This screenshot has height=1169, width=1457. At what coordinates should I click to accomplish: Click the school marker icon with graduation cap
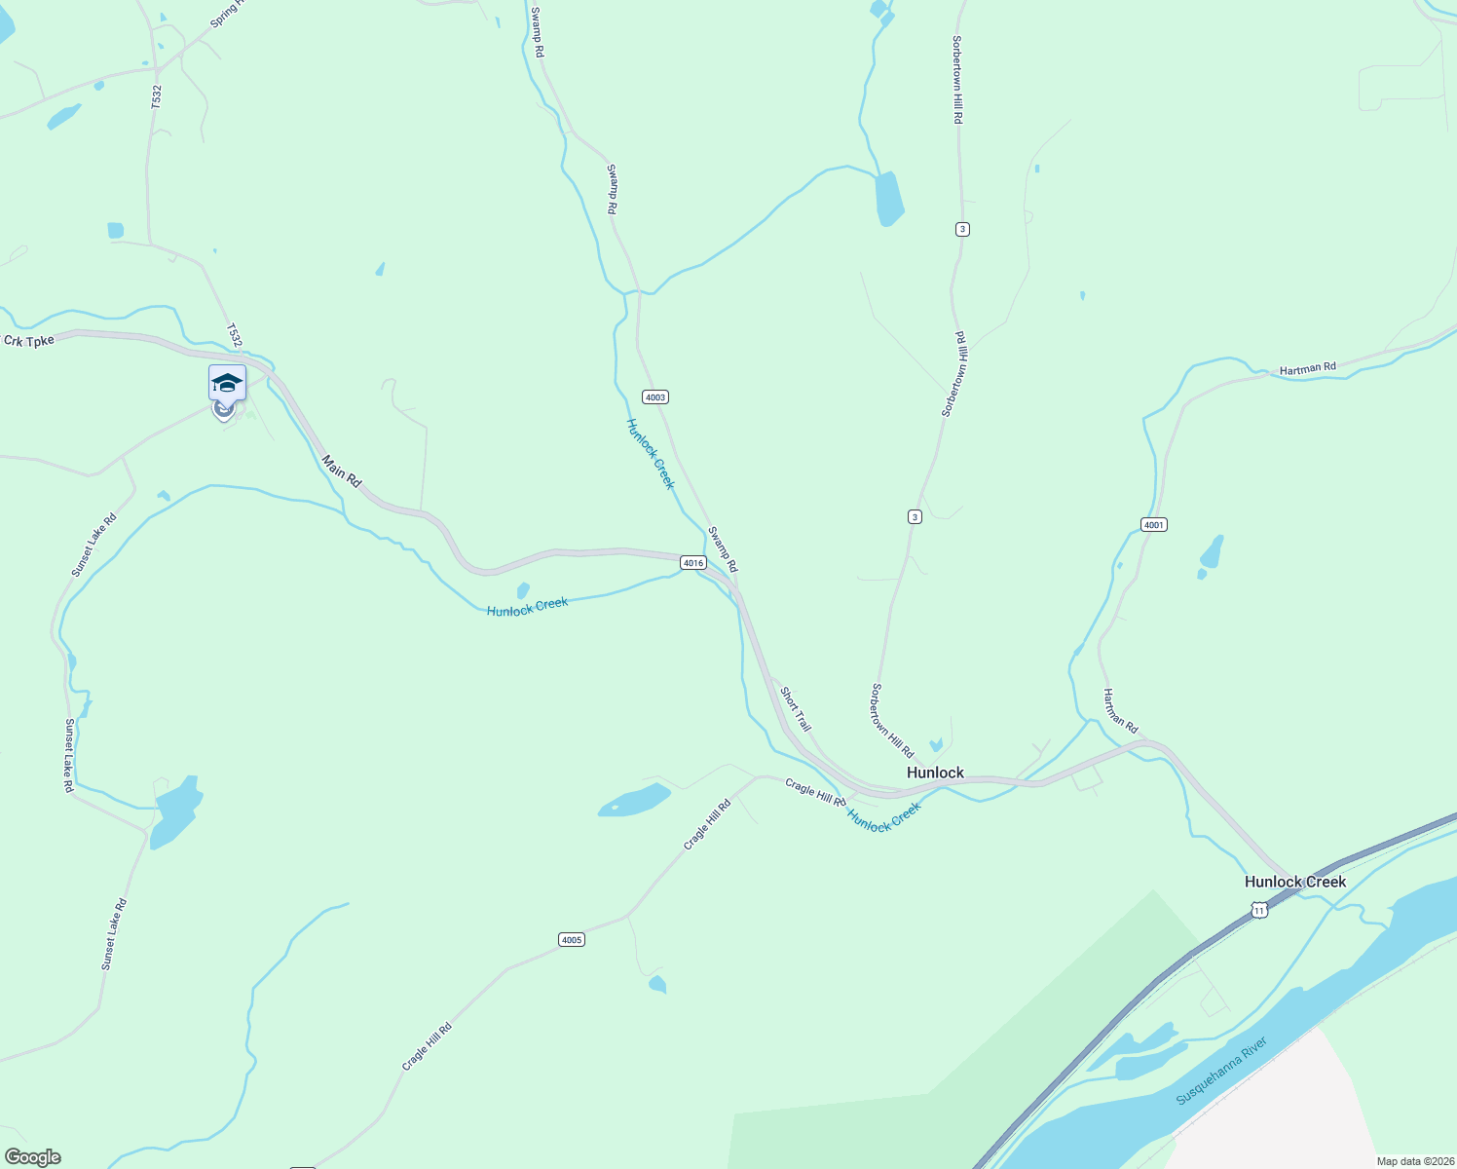click(x=227, y=383)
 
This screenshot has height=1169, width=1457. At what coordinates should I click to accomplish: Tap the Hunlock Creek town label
click(x=1294, y=882)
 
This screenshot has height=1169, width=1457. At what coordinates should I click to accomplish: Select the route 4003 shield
click(x=655, y=397)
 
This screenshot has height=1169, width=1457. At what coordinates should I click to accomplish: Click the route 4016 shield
click(x=692, y=563)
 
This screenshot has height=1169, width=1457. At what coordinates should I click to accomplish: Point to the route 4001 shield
click(x=1153, y=525)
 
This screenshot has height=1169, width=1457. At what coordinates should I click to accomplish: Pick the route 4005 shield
click(x=571, y=940)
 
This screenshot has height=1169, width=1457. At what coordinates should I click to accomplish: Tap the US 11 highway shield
click(x=1259, y=910)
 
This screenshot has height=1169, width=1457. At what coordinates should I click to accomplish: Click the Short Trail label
click(x=795, y=710)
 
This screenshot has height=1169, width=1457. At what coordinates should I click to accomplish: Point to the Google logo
click(x=33, y=1156)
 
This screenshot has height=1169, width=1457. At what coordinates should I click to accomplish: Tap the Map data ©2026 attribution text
click(x=1413, y=1161)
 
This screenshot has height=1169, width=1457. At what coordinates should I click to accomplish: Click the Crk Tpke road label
click(x=28, y=341)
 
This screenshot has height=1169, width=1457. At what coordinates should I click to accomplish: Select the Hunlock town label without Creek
click(x=935, y=773)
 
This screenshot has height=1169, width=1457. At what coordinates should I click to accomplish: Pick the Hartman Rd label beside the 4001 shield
click(x=1120, y=711)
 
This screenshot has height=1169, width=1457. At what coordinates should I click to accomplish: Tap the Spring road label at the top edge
click(x=228, y=13)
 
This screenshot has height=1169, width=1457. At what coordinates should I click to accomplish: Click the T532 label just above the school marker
click(x=234, y=335)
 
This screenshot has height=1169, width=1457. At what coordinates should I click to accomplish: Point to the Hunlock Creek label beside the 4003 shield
click(x=650, y=454)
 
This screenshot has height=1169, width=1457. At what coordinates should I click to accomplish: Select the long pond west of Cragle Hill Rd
click(x=635, y=801)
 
